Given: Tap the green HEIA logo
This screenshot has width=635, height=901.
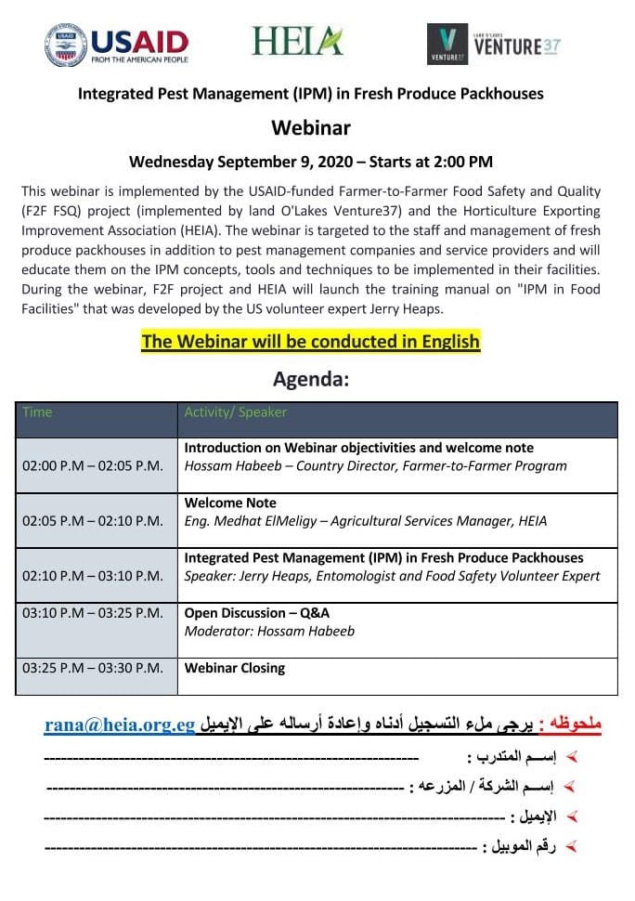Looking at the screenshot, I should point(296,41).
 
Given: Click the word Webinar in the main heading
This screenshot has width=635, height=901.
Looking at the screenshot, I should point(310,127).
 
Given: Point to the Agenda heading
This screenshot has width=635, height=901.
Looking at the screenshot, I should point(310,379).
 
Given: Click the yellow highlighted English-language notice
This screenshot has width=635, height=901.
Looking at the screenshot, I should point(310,341).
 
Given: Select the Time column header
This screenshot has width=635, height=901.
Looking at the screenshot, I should point(38,412).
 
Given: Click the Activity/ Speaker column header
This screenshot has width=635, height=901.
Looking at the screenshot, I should point(236,412).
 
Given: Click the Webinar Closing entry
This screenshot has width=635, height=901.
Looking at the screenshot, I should point(235,668).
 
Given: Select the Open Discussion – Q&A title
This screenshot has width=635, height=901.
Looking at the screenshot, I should point(257,613).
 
